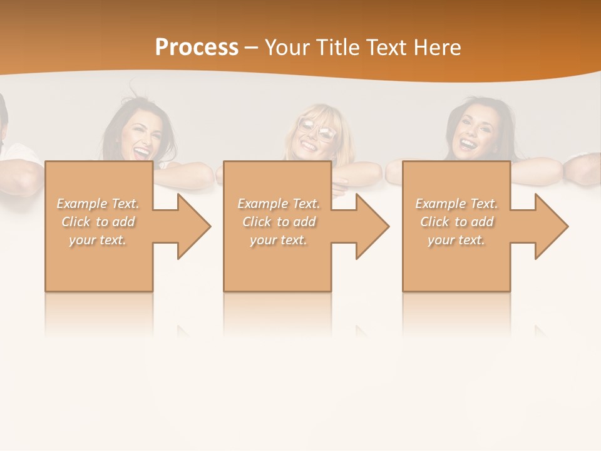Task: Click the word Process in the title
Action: [x=197, y=48]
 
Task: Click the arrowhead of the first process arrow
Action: [x=194, y=226]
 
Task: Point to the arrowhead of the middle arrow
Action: [x=372, y=226]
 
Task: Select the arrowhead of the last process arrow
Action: [x=552, y=226]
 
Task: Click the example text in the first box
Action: [x=98, y=222]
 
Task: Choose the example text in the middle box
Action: [x=279, y=222]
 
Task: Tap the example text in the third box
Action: [x=456, y=222]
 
